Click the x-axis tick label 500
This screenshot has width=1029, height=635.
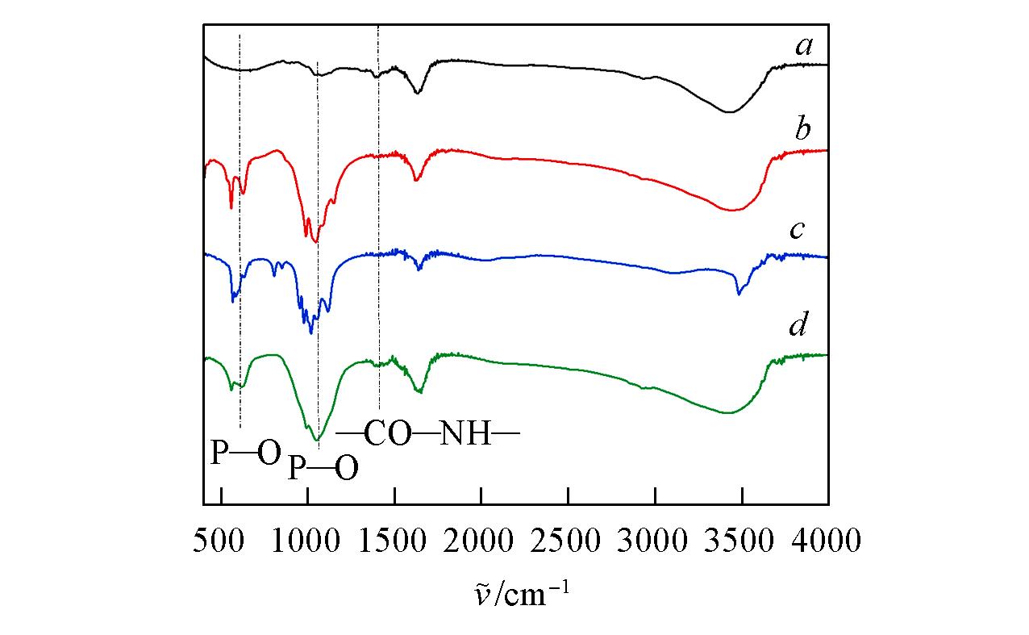coord(219,540)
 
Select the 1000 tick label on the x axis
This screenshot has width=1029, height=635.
coord(306,540)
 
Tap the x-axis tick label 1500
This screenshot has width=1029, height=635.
coord(394,540)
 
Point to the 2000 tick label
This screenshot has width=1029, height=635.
coord(481,540)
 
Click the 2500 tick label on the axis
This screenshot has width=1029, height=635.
coord(568,540)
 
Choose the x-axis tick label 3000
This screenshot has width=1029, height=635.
coord(655,540)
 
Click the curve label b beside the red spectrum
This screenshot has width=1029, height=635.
coord(803,129)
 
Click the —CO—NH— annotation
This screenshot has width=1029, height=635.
coord(428,434)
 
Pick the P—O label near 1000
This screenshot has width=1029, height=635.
coord(323,467)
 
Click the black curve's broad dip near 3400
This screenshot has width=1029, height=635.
coord(730,111)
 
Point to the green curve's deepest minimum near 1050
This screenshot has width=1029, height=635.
coord(319,439)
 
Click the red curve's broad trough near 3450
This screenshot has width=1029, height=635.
coord(732,211)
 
